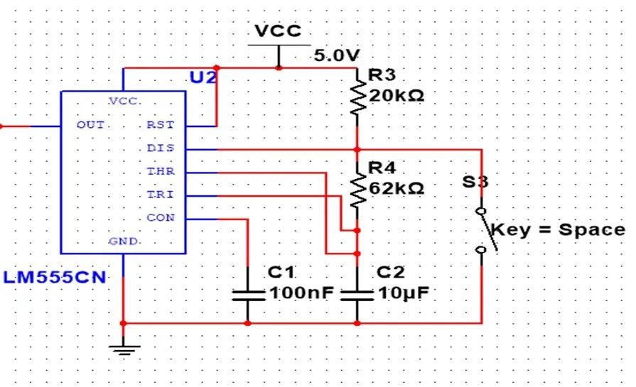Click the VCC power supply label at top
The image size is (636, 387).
tap(278, 31)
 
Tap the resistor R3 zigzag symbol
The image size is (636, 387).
tap(357, 99)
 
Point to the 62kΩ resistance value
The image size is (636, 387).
tap(397, 188)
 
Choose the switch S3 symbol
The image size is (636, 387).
tap(483, 230)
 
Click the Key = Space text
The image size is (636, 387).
tap(559, 230)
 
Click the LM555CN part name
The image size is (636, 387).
tap(54, 277)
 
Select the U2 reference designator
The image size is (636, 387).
tap(203, 77)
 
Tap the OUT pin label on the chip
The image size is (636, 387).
tap(90, 125)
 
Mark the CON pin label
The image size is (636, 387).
tap(160, 217)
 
